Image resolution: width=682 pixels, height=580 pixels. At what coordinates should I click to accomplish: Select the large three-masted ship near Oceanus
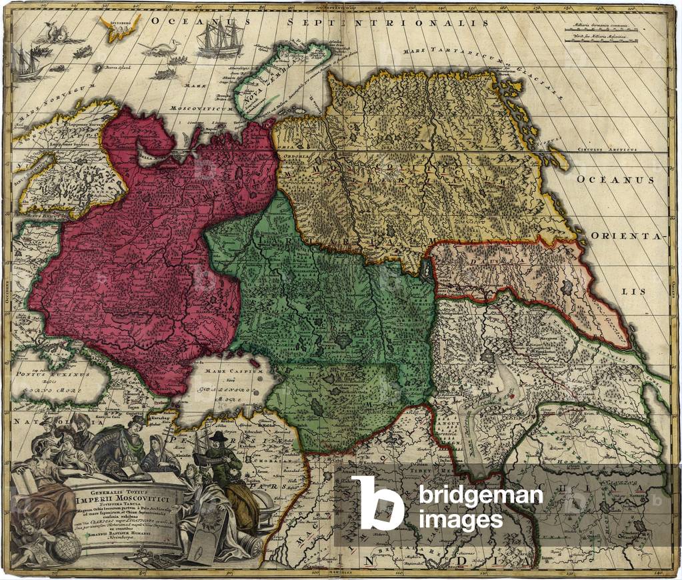tap(220, 41)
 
